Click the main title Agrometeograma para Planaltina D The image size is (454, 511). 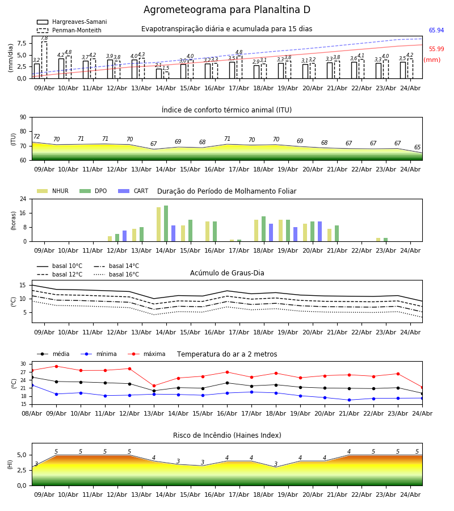[x=226, y=10]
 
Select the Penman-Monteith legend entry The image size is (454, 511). [x=69, y=30]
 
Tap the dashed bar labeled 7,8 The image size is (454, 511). [x=44, y=60]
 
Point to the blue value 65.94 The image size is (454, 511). [x=436, y=30]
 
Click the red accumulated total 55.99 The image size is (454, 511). [x=436, y=49]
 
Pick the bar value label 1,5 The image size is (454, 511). [x=166, y=68]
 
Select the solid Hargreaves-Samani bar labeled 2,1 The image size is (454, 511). [x=158, y=74]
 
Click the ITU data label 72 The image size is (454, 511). [x=37, y=136]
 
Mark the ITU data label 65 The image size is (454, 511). [x=417, y=147]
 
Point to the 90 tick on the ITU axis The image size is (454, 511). [x=23, y=118]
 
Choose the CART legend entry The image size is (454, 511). [x=133, y=191]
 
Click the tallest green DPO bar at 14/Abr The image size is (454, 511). [x=166, y=224]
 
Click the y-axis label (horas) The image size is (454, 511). [x=14, y=221]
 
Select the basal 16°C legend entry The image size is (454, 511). [x=116, y=274]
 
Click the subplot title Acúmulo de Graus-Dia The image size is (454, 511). [x=227, y=273]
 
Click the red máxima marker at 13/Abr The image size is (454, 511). [x=154, y=386]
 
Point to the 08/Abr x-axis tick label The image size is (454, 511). [x=32, y=413]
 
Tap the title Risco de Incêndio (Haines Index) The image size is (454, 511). [x=227, y=435]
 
